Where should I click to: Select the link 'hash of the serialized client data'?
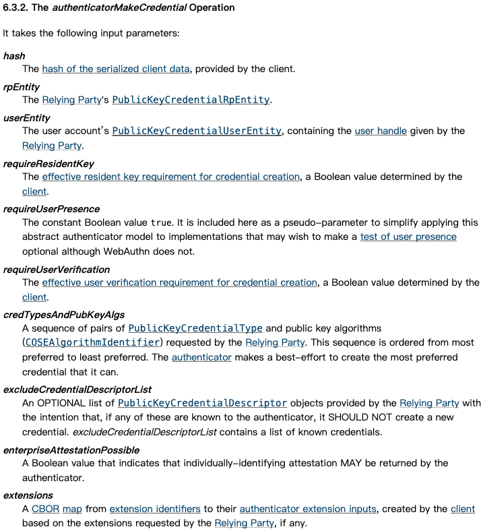pyautogui.click(x=116, y=69)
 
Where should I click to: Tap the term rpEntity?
pyautogui.click(x=22, y=87)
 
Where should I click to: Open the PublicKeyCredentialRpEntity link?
pyautogui.click(x=191, y=100)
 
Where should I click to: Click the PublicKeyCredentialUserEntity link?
pyautogui.click(x=197, y=131)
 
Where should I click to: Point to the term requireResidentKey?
pyautogui.click(x=48, y=164)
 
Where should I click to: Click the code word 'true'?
pyautogui.click(x=161, y=222)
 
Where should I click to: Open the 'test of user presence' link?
pyautogui.click(x=408, y=237)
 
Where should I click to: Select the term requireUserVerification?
pyautogui.click(x=57, y=270)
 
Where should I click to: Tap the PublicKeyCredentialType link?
pyautogui.click(x=195, y=328)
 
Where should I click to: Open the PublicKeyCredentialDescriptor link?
pyautogui.click(x=202, y=403)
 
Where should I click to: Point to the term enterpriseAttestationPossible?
pyautogui.click(x=71, y=449)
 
